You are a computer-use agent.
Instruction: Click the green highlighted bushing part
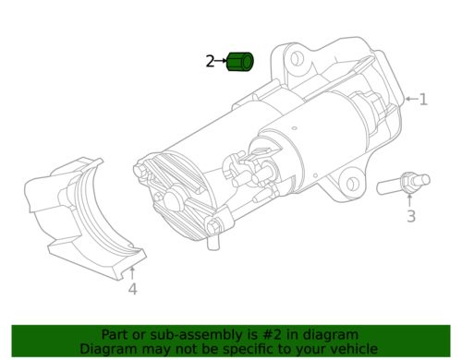[240, 62]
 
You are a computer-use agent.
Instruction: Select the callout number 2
[210, 61]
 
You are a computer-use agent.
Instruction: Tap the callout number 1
[423, 100]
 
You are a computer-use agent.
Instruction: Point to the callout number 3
[411, 216]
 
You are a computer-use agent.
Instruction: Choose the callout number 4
[132, 289]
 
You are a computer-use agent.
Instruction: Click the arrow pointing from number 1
[411, 99]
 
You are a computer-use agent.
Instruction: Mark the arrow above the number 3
[409, 200]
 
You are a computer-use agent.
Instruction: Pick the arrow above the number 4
[132, 273]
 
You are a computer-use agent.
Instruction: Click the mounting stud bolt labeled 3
[403, 184]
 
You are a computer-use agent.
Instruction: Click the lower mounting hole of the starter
[351, 184]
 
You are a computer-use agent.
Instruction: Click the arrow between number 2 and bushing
[221, 61]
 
